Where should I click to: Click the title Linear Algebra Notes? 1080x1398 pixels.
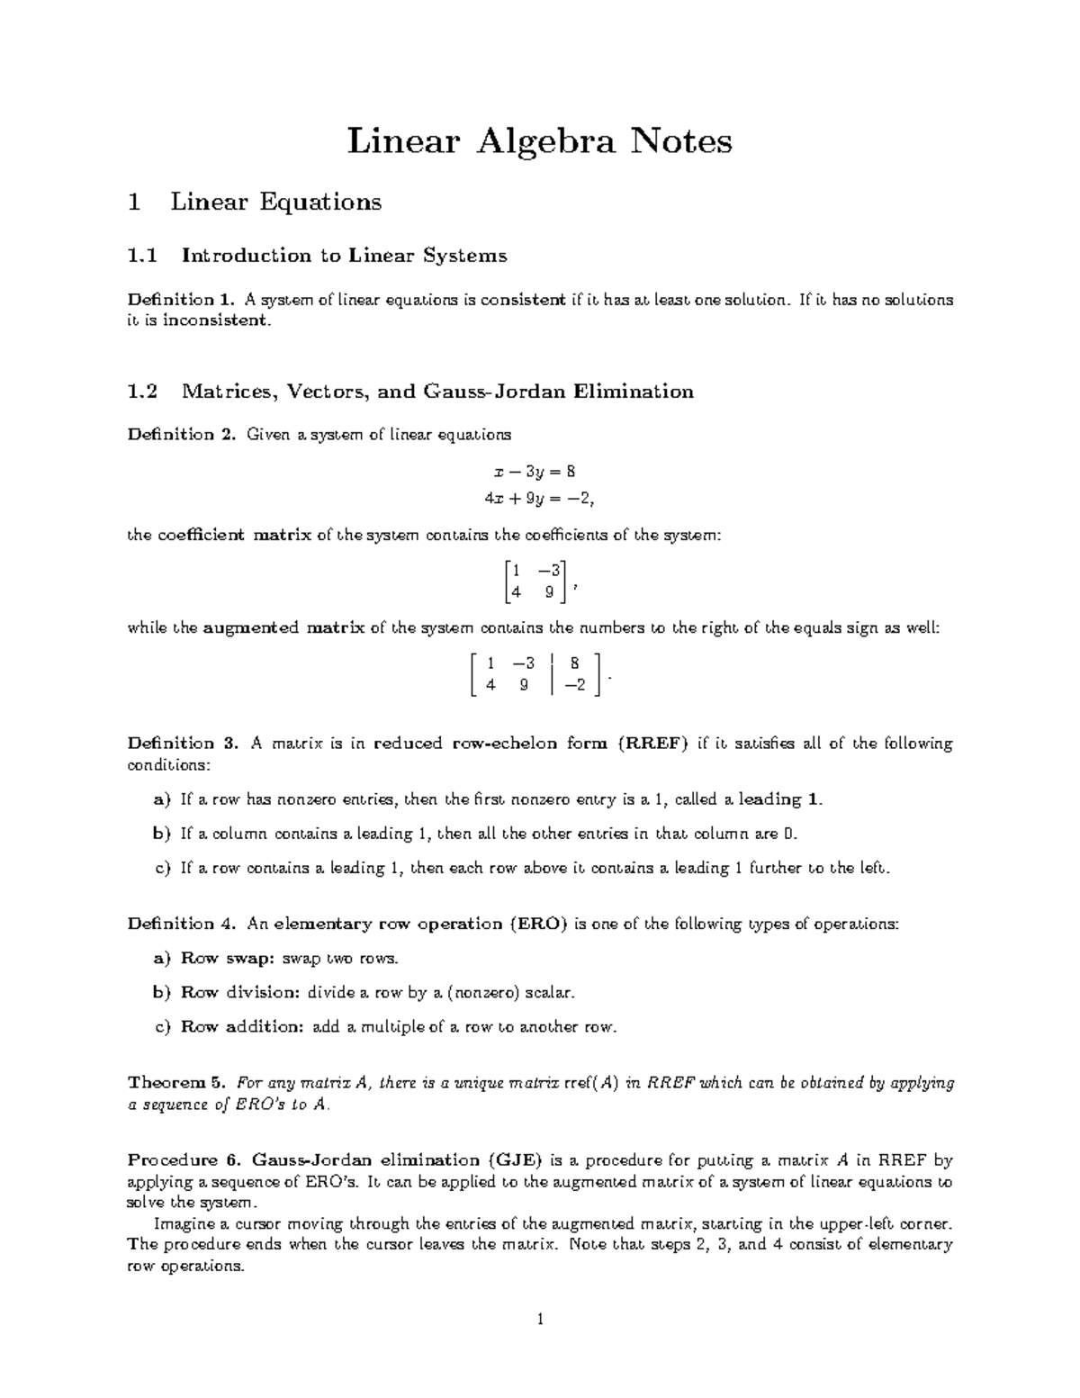click(x=540, y=141)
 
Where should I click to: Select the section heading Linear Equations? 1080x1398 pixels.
click(x=276, y=203)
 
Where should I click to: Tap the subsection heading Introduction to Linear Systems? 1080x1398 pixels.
click(x=344, y=256)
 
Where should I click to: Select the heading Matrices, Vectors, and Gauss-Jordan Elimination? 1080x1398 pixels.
click(x=437, y=392)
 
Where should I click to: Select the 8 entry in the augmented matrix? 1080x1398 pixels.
click(x=574, y=663)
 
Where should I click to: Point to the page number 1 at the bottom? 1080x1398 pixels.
click(x=539, y=1321)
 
